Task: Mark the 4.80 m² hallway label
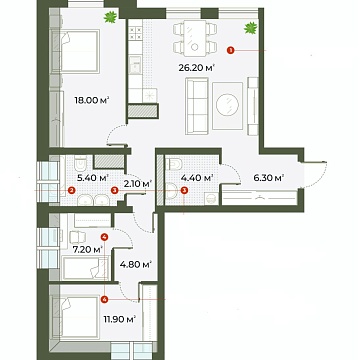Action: click(x=135, y=266)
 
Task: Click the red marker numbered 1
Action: click(x=231, y=45)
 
